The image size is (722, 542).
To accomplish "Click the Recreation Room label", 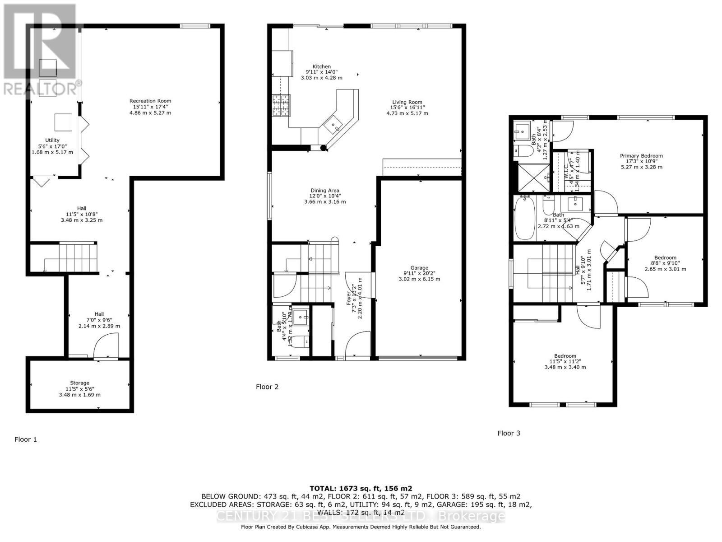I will point(150,101).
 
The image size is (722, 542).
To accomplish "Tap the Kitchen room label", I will point(321,66).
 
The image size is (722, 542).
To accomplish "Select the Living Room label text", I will point(407,102).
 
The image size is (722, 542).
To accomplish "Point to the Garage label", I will point(419,268).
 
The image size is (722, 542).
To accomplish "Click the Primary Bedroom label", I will point(641,156).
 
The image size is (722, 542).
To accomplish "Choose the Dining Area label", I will point(325,191).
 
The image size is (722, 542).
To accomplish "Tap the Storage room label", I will point(79,383).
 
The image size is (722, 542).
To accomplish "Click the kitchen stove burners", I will point(281,106).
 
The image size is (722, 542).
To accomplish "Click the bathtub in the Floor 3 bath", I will point(525,218).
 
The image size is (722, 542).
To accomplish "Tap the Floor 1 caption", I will point(26,439).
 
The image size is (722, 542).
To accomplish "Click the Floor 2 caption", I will point(267,387).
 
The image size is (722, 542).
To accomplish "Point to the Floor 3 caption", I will point(509,433).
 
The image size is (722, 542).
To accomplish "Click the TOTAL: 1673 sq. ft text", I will point(361,488).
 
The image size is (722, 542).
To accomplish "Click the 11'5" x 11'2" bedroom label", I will point(565,356).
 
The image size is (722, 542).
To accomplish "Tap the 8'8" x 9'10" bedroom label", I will point(665,258).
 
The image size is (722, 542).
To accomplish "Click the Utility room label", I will point(52,140).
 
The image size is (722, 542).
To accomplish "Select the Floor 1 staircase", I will point(78,257).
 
